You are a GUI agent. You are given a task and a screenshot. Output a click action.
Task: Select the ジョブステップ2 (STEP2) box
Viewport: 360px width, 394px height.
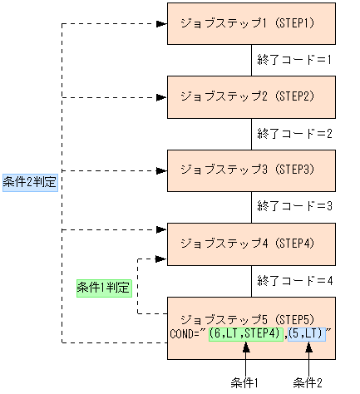tap(251, 96)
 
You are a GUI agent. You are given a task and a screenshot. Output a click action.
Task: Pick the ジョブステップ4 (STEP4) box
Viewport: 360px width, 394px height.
tap(251, 244)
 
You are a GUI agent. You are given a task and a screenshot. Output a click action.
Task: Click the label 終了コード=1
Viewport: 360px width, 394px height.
tap(295, 60)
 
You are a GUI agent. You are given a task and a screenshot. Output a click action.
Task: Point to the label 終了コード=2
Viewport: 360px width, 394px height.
tap(295, 133)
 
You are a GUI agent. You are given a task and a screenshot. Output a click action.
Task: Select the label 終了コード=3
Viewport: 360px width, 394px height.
tap(295, 206)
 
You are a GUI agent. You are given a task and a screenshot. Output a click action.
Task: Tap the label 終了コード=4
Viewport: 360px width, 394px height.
tap(295, 280)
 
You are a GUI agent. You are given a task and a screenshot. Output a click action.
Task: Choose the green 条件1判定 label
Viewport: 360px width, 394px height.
tap(104, 287)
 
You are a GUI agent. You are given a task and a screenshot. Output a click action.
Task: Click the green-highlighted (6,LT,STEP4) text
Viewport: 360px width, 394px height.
tap(246, 334)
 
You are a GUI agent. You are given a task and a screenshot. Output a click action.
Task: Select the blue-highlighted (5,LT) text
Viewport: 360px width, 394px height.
tap(308, 334)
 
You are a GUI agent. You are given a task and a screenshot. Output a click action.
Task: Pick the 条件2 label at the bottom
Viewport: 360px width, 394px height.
tap(308, 382)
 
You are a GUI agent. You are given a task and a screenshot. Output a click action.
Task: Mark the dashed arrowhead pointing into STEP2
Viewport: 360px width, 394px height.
tap(161, 97)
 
